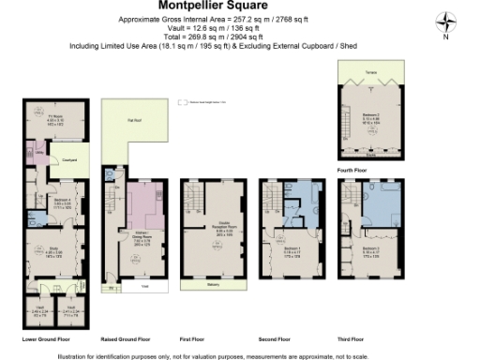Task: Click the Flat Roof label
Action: pyautogui.click(x=134, y=120)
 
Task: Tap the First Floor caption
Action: pyautogui.click(x=192, y=337)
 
